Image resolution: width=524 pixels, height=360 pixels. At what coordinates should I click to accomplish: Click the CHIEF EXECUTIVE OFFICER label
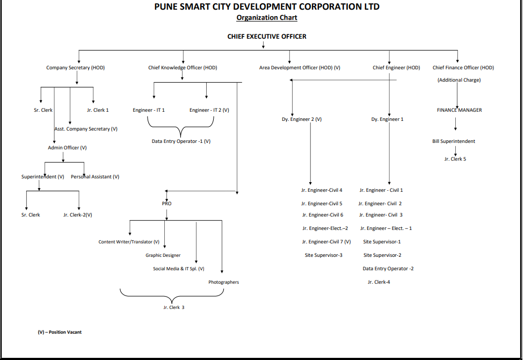267,37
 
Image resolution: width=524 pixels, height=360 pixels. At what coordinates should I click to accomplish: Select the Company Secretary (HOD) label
75,68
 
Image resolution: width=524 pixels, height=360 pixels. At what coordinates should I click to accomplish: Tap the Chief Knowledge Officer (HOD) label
183,68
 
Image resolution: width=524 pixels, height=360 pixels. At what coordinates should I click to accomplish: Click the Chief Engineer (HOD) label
396,68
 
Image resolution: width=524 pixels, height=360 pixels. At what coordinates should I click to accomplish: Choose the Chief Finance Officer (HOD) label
463,68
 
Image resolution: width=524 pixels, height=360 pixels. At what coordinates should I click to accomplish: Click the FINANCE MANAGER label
459,110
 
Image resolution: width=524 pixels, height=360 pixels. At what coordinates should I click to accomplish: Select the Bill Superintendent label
454,141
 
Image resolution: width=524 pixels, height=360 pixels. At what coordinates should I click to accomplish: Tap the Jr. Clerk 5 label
455,159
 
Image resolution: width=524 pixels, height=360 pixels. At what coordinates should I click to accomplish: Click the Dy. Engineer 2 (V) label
302,119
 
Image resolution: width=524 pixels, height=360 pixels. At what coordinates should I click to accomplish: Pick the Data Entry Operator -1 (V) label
181,141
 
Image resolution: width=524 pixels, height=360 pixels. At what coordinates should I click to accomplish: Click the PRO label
167,204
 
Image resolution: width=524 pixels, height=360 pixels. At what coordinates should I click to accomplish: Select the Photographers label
224,282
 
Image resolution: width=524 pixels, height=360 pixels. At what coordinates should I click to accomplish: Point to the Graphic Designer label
163,255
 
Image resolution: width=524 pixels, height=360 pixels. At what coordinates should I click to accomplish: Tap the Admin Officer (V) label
67,147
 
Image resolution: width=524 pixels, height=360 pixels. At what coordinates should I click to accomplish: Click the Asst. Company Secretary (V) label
86,129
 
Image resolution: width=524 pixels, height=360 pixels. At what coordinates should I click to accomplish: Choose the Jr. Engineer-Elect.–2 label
325,228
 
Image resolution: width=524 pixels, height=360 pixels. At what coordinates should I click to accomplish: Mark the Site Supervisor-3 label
324,255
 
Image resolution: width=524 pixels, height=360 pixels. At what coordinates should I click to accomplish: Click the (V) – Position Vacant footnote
60,332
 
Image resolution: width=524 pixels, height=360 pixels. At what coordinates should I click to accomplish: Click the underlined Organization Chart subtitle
267,18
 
